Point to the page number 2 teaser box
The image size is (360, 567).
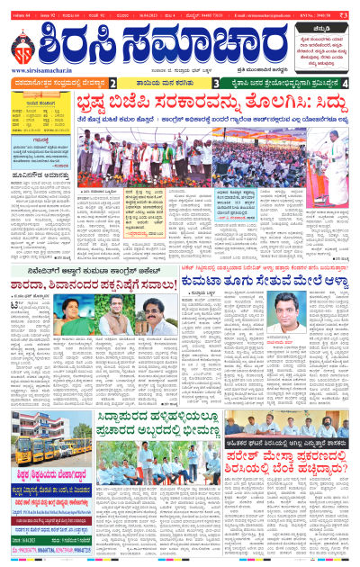[x=112, y=83]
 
